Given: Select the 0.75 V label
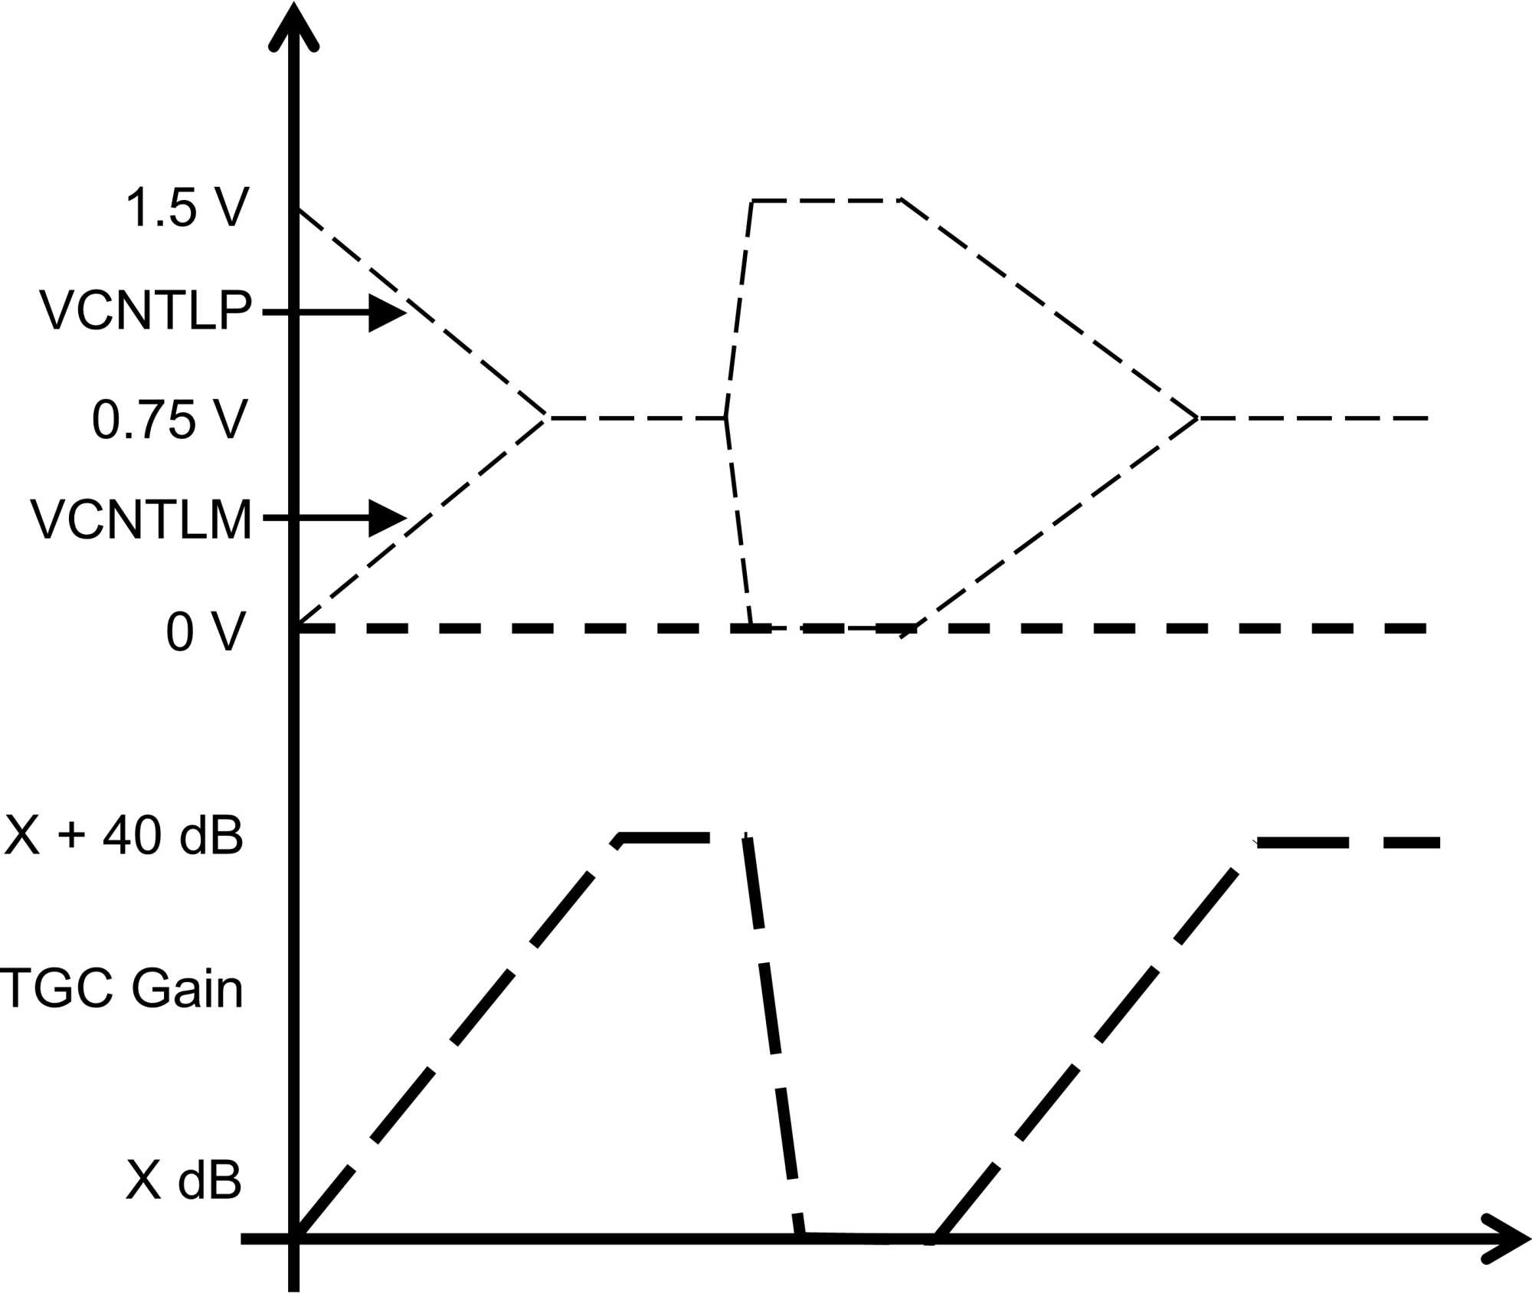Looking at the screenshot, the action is (x=170, y=420).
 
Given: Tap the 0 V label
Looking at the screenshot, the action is (x=205, y=632).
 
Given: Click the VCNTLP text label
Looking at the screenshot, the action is (x=146, y=311).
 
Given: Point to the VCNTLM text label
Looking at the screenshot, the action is (x=141, y=520).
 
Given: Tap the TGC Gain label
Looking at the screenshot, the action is (x=121, y=988).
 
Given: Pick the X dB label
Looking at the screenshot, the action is (x=184, y=1181).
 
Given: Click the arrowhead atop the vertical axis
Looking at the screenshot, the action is (x=293, y=27).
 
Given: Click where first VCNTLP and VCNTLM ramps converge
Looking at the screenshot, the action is (x=546, y=418).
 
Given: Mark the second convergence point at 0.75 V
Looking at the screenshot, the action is (x=1197, y=418).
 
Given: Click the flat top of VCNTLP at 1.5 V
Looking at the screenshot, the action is (x=826, y=201).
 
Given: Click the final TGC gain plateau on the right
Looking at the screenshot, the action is (x=1348, y=843).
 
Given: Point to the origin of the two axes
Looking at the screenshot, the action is (x=294, y=1239).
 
